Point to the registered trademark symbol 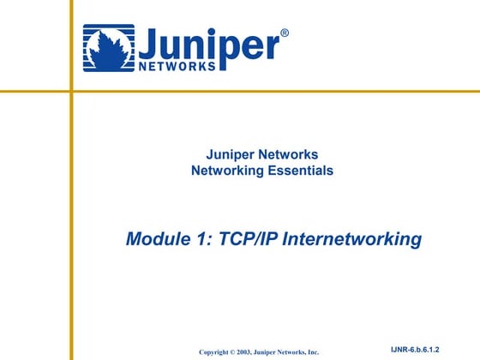tap(285, 33)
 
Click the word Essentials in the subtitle tap(300, 171)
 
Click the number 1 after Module tap(205, 238)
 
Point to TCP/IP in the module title tap(249, 238)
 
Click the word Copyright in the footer tap(218, 352)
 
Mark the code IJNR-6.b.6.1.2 tap(420, 350)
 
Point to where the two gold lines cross tap(72, 91)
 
